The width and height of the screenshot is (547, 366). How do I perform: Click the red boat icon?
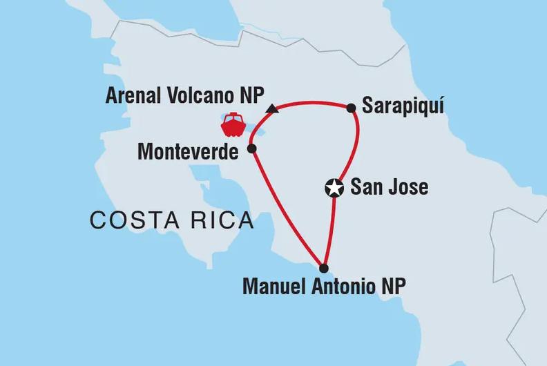(233, 125)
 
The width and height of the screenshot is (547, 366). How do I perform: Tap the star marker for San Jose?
(334, 187)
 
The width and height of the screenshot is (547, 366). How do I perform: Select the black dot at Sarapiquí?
(351, 108)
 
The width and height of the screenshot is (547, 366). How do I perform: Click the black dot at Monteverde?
(252, 148)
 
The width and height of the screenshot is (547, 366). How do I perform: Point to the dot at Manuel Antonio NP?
(324, 268)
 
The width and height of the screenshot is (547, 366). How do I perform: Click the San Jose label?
(390, 187)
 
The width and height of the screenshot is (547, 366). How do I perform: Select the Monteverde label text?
(188, 152)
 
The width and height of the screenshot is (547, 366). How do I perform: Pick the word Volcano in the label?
(200, 96)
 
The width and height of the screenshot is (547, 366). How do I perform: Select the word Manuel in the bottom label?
(271, 286)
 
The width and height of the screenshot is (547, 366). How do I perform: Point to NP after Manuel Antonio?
(390, 286)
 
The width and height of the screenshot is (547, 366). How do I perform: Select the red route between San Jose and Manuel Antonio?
(331, 228)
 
